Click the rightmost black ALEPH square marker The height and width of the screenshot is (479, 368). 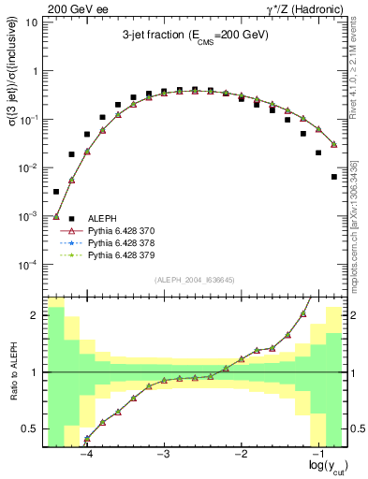coord(334,176)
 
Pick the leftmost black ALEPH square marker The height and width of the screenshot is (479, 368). coord(56,192)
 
